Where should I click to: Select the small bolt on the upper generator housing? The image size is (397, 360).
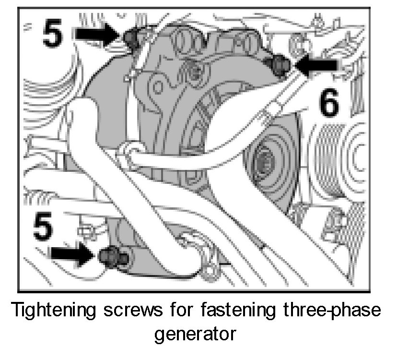point(194,72)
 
